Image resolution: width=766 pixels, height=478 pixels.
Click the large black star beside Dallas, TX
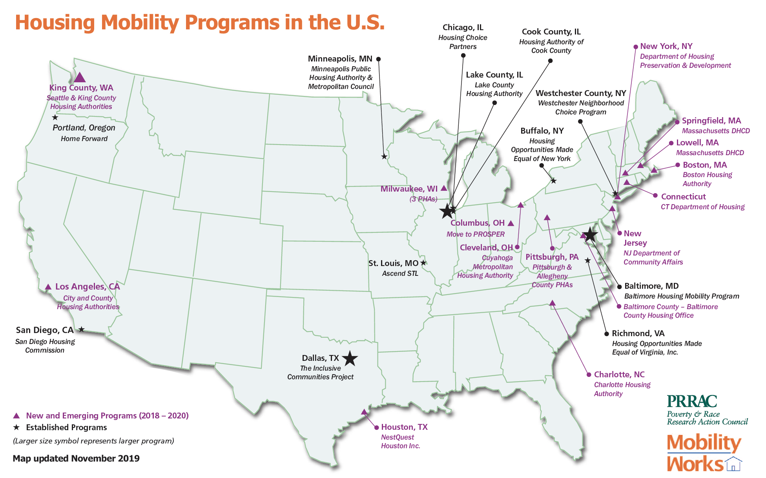pyautogui.click(x=350, y=358)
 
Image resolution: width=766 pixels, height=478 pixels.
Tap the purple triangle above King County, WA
pyautogui.click(x=80, y=77)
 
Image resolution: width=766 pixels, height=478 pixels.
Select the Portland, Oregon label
pyautogui.click(x=84, y=128)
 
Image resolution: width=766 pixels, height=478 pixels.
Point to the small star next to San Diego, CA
pyautogui.click(x=81, y=330)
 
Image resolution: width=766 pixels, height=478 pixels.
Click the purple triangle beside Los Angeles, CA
pyautogui.click(x=48, y=287)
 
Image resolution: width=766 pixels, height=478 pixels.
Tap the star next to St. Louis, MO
pyautogui.click(x=423, y=263)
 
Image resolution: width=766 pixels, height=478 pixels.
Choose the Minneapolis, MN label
pyautogui.click(x=340, y=59)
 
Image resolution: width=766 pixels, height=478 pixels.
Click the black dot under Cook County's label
pyautogui.click(x=550, y=61)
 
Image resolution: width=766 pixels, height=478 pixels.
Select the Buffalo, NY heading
pyautogui.click(x=542, y=131)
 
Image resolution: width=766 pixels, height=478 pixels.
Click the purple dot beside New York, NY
pyautogui.click(x=636, y=47)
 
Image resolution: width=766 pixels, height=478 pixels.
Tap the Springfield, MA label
pyautogui.click(x=711, y=121)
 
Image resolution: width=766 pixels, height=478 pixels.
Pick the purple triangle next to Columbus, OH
pyautogui.click(x=511, y=223)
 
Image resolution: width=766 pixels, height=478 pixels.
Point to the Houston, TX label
pyautogui.click(x=404, y=427)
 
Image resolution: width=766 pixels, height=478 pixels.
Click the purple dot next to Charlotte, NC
pyautogui.click(x=589, y=375)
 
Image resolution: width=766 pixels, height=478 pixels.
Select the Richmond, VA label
pyautogui.click(x=638, y=333)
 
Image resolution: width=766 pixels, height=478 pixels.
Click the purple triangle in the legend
pyautogui.click(x=16, y=416)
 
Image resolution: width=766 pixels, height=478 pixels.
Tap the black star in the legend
pyautogui.click(x=16, y=427)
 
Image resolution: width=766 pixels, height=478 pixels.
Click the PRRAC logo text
pyautogui.click(x=691, y=401)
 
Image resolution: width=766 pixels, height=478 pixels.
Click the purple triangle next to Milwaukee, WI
pyautogui.click(x=444, y=188)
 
